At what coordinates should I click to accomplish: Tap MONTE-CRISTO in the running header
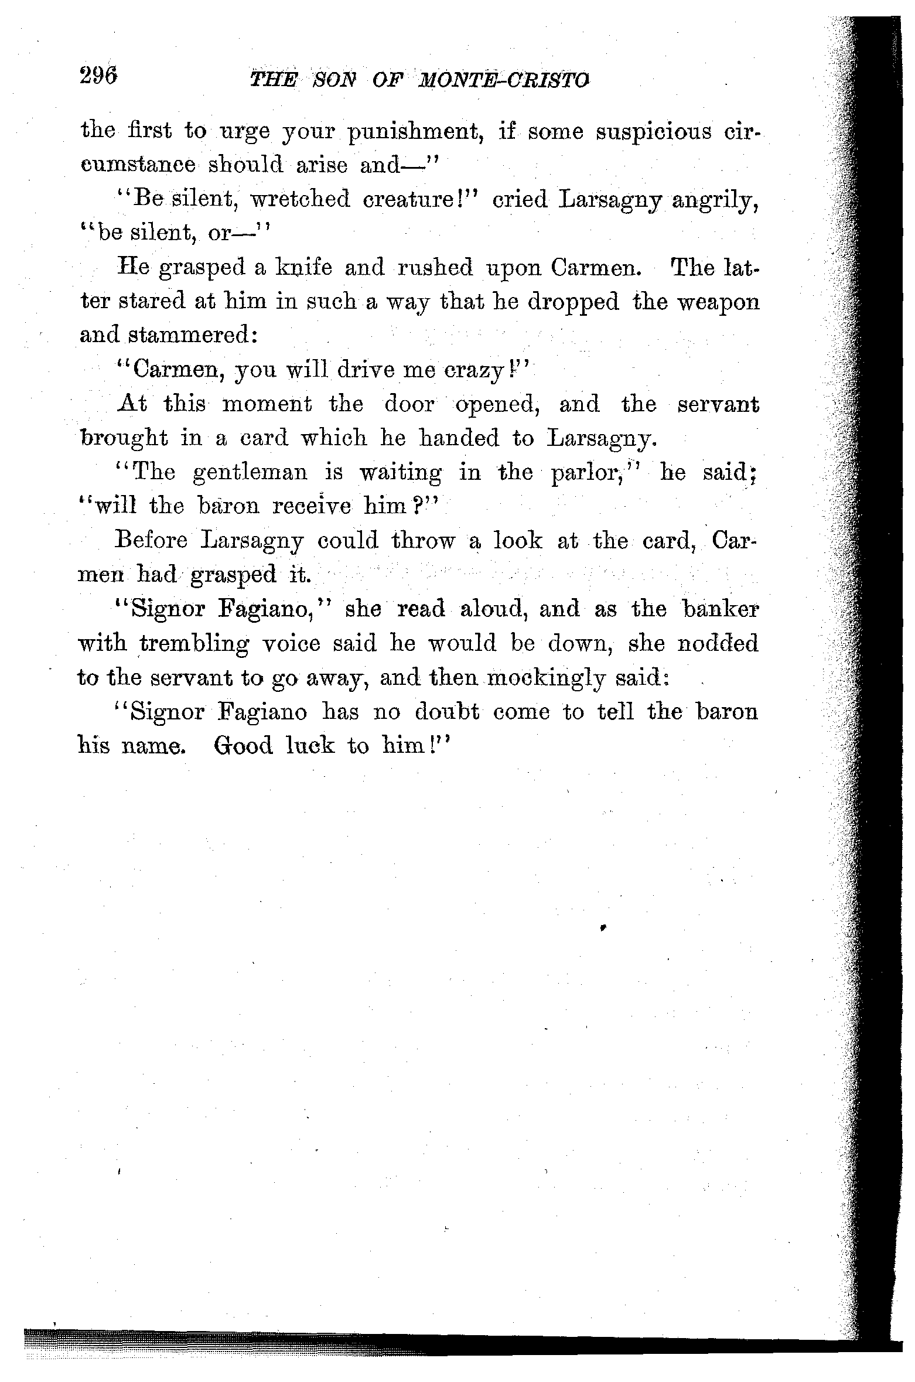pos(502,80)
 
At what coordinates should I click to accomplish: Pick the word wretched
pos(299,200)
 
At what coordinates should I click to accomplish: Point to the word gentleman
pos(250,472)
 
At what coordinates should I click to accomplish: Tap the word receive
pos(312,506)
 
